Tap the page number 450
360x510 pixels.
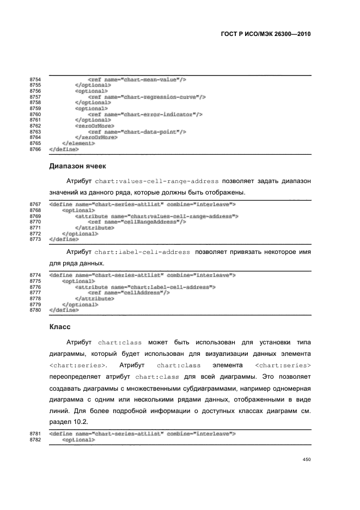coord(306,460)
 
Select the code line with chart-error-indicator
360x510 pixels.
coord(145,114)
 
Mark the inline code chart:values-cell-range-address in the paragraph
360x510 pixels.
coord(157,181)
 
